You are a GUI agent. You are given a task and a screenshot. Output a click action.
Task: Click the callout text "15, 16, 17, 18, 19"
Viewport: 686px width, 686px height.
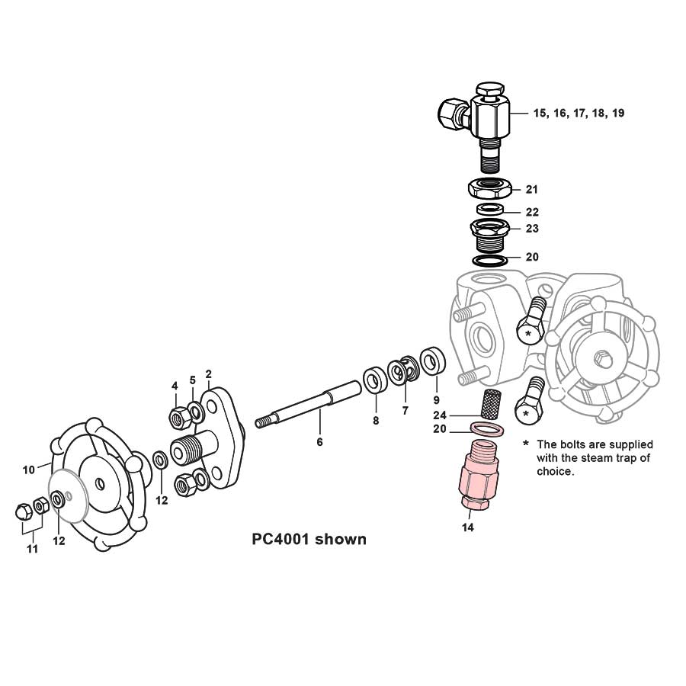[579, 113]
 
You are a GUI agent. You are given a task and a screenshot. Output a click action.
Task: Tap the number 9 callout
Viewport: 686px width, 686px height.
[436, 399]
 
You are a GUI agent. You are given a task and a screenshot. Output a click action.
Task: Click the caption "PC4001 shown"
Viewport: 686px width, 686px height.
[309, 540]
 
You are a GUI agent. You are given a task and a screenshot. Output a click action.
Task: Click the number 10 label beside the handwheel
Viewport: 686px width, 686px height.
[28, 470]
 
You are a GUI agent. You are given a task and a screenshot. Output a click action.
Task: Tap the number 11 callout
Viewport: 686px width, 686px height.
[32, 549]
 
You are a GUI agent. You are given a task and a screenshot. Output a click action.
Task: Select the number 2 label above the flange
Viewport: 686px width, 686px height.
[208, 374]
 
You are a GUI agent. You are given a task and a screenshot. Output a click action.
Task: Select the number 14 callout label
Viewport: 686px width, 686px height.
[468, 527]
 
